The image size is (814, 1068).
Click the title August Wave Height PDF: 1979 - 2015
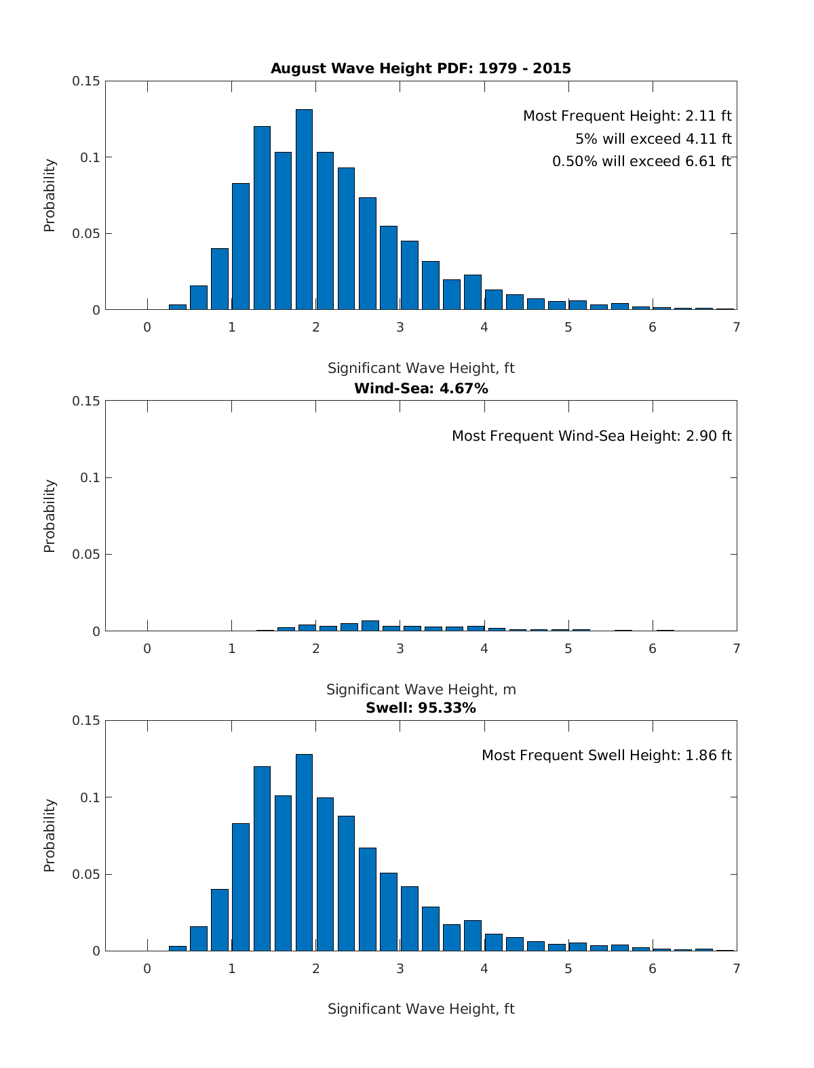[x=421, y=68]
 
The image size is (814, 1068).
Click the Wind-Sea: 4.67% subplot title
[x=421, y=389]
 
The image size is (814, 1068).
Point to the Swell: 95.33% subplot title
[x=421, y=708]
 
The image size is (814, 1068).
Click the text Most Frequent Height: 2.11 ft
[x=627, y=116]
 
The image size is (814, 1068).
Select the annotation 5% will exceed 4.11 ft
[x=653, y=139]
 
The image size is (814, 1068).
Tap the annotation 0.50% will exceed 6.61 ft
[x=642, y=161]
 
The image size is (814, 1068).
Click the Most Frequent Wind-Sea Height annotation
[x=592, y=436]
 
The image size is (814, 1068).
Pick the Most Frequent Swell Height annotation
[x=606, y=755]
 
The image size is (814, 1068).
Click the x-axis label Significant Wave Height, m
[x=421, y=690]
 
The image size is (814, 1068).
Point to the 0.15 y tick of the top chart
[x=86, y=81]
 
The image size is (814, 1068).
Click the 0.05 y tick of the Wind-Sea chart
[x=86, y=555]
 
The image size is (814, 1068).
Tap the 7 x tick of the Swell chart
[x=737, y=969]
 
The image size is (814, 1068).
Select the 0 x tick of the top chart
[x=147, y=327]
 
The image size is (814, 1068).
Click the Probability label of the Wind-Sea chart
[x=50, y=516]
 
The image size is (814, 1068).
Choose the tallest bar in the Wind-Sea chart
[x=370, y=626]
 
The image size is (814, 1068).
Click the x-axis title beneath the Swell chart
[x=421, y=1009]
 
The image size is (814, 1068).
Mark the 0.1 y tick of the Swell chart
[x=90, y=797]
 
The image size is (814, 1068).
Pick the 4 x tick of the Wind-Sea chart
[x=484, y=649]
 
